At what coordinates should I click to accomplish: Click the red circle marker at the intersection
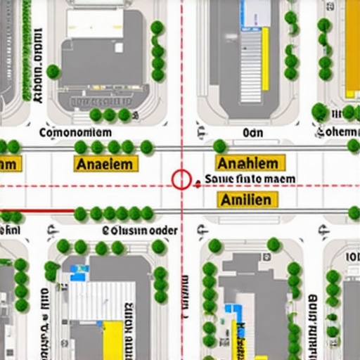coord(181,180)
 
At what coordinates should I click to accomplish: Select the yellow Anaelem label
coord(106,164)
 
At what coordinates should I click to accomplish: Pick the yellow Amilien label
coord(245,200)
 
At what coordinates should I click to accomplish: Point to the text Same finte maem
coord(250,180)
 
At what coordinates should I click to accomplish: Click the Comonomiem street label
coord(75,132)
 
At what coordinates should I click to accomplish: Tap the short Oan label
coord(252,132)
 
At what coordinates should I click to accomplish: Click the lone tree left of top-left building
coord(53,71)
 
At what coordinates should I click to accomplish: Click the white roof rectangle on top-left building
coord(95,23)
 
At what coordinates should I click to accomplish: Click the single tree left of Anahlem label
coord(220,146)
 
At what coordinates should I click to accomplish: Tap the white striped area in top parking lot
coord(251,67)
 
